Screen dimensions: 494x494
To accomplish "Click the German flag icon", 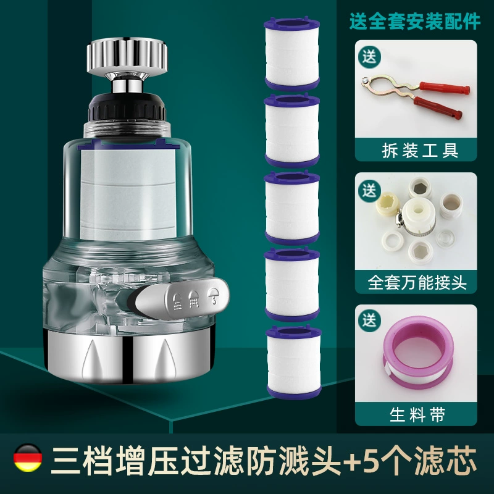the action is point(28,458).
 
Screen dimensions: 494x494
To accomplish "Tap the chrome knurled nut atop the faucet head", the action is point(127,56).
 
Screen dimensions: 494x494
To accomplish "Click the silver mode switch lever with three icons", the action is point(182,298).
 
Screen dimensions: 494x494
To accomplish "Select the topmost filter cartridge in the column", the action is point(292,54).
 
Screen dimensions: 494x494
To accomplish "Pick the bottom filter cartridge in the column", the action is point(294,362).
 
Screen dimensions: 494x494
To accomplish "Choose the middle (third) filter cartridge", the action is point(292,207).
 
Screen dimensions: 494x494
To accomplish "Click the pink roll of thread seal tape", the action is point(419,353).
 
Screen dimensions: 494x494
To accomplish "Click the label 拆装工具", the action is point(420,150).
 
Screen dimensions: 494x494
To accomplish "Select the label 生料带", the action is point(417,414).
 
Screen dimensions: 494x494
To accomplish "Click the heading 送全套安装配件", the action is point(415,22).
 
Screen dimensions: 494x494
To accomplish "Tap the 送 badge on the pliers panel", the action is point(369,57).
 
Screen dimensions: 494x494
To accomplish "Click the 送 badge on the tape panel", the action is point(369,320).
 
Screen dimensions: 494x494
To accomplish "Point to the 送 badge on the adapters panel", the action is point(369,190).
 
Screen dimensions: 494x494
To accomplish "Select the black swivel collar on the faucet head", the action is point(127,107).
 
